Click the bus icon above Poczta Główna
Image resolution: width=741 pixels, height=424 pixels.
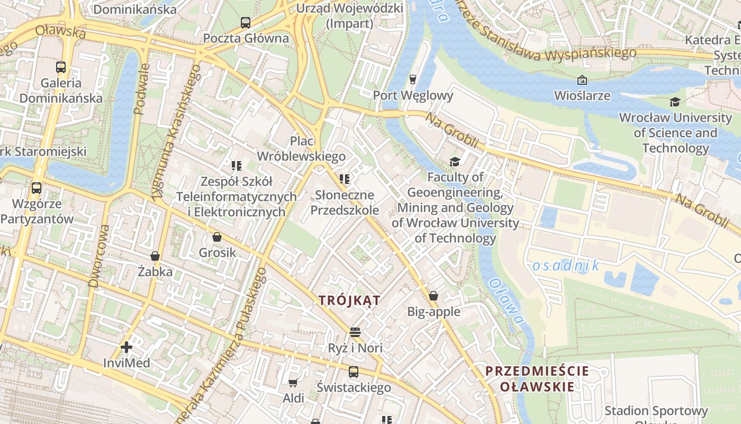coord(245,23)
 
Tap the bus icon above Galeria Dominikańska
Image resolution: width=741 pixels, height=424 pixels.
coord(61,67)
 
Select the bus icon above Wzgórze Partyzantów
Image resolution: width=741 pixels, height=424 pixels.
coord(37,188)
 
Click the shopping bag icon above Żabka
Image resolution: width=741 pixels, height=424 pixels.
coord(155,257)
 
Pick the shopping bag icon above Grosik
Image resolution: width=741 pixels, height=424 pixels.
coord(217,237)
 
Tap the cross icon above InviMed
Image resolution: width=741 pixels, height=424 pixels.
coord(126,348)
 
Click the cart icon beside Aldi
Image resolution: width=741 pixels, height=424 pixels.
coord(293,383)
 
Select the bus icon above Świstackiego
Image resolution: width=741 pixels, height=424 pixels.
coord(353,372)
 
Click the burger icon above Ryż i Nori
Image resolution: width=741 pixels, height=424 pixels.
coord(355,332)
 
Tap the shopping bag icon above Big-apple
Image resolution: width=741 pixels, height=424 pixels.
coord(433,296)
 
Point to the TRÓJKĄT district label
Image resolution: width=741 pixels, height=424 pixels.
coord(349,301)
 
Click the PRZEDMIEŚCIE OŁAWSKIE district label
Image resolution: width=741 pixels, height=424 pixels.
coord(537,378)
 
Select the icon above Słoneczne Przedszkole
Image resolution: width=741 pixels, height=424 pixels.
coord(345,180)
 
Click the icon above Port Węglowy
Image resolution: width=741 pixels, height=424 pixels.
coord(413,79)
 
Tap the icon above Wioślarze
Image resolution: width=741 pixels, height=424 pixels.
coord(582,80)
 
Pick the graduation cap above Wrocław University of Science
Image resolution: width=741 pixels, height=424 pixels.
coord(675,102)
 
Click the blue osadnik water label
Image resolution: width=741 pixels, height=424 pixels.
coord(566,266)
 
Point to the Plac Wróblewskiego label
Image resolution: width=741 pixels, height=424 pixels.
coord(301,149)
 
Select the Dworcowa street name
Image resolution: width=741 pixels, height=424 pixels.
coord(100,255)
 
